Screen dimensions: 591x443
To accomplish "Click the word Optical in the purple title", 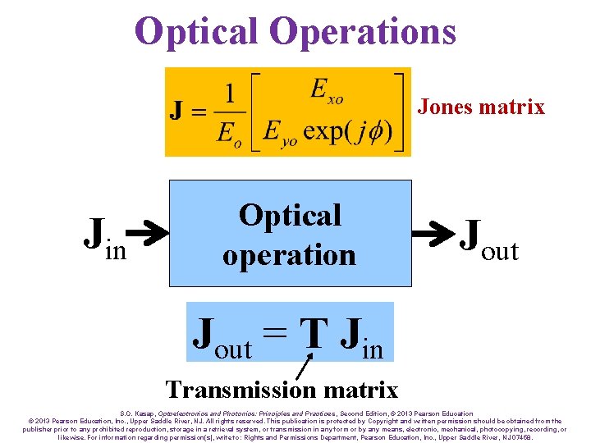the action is tap(197, 31).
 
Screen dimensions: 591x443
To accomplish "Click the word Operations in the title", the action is tap(362, 31).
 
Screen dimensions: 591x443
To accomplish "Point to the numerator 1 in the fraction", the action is tap(231, 93).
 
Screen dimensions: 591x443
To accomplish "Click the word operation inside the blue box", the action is tap(289, 254).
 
